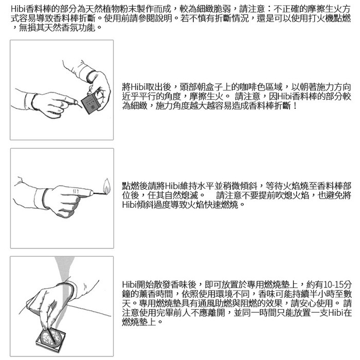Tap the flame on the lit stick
click(x=106, y=186)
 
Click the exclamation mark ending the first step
click(x=295, y=106)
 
